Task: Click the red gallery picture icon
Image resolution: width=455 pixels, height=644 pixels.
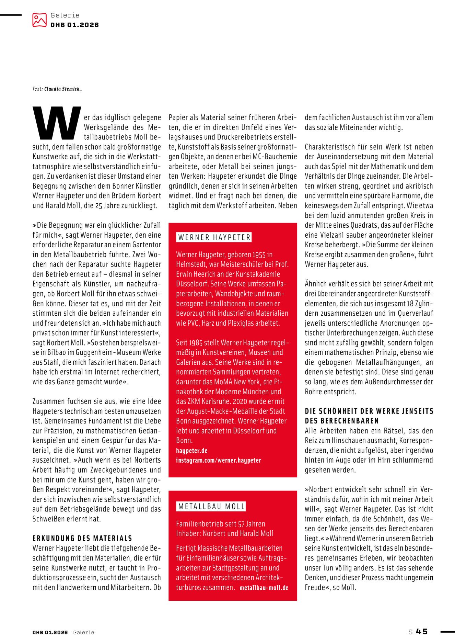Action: click(x=39, y=20)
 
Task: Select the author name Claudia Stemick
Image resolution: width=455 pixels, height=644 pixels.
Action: click(x=63, y=89)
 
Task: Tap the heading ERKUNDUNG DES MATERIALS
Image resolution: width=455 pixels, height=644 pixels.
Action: click(x=82, y=538)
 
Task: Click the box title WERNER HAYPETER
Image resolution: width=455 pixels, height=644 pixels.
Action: click(x=214, y=237)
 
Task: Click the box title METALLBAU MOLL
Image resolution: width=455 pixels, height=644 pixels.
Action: click(x=211, y=507)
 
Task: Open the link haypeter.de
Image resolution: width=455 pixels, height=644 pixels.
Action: click(x=192, y=451)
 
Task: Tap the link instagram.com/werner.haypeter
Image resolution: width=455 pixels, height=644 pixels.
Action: click(x=219, y=460)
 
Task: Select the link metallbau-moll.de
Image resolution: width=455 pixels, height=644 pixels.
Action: click(x=264, y=588)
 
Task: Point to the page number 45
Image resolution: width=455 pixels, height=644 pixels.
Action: click(x=422, y=632)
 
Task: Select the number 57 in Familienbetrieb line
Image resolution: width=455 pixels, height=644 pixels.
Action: click(x=241, y=524)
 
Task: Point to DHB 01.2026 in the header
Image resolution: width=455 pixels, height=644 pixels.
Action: click(x=74, y=25)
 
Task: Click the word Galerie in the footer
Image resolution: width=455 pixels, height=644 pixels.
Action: click(x=83, y=632)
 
